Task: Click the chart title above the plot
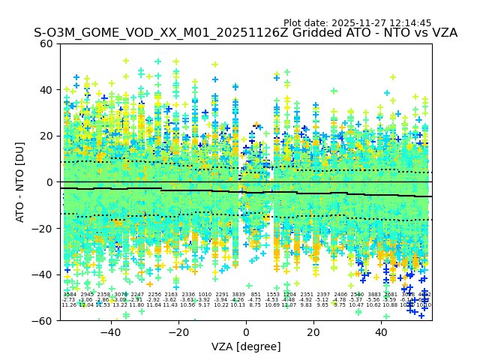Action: (x=245, y=34)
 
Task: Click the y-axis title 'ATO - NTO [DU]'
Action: (x=21, y=181)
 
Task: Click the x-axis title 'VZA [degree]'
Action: (x=246, y=347)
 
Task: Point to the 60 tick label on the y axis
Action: (x=46, y=43)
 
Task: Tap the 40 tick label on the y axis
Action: (x=46, y=90)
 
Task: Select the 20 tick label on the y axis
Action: (x=46, y=136)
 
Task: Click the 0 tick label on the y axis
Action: (x=49, y=182)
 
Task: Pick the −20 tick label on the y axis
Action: (x=43, y=228)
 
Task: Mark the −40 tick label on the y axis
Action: (x=43, y=274)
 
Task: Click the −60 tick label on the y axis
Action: (x=43, y=320)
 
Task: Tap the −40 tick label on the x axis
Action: (x=110, y=332)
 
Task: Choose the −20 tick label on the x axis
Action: (x=178, y=332)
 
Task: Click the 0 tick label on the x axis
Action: (x=246, y=332)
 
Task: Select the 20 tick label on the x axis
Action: (x=314, y=332)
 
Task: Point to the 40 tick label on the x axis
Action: (x=382, y=332)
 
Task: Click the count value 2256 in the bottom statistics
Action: (x=154, y=295)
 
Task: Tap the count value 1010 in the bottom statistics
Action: (x=205, y=295)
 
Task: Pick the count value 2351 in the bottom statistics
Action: (x=306, y=295)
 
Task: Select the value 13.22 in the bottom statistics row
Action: (x=120, y=305)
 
